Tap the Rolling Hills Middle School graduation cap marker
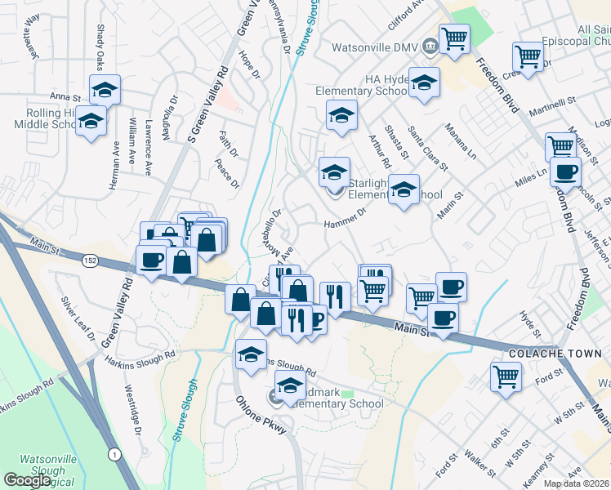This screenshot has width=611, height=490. [91, 122]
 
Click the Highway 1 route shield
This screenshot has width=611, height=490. [113, 453]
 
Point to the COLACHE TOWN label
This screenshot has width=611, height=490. [555, 354]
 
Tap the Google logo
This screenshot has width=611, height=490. [27, 480]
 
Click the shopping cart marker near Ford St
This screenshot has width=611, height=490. [506, 377]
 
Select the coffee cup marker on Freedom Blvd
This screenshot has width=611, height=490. [564, 172]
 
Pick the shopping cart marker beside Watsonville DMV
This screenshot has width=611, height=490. [454, 38]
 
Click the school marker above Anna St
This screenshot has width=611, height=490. [105, 90]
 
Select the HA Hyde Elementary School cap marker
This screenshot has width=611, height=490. [424, 82]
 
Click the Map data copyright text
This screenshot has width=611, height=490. [575, 483]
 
